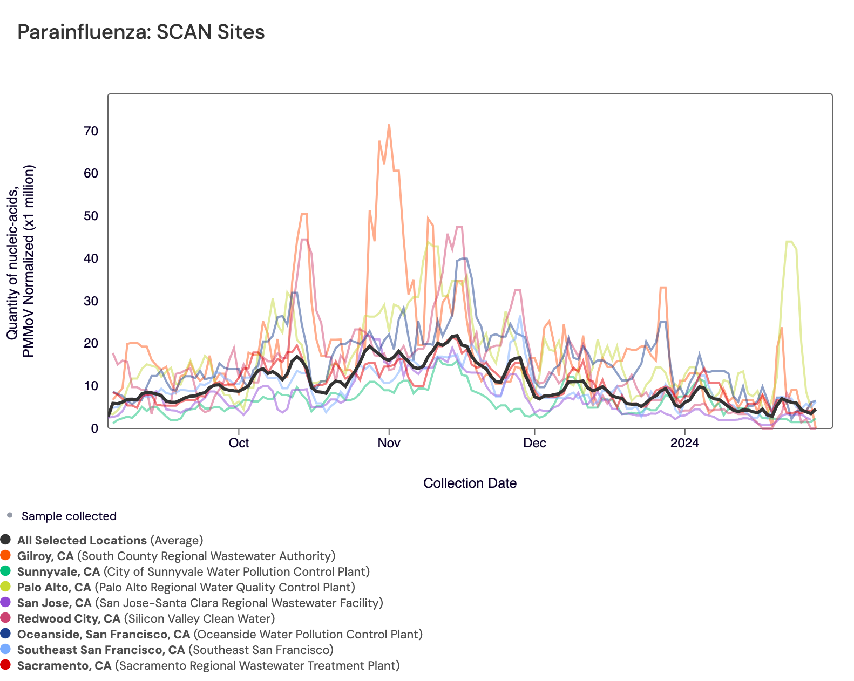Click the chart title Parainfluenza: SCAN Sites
pos(141,32)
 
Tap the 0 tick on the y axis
pos(94,428)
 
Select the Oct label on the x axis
pos(239,444)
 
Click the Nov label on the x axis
pos(389,444)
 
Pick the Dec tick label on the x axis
pos(534,444)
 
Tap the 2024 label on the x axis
pos(684,444)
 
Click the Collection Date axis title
pos(470,483)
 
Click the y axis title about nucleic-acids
pos(21,261)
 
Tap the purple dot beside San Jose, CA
pos(6,602)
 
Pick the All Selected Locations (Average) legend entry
pos(110,540)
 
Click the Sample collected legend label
pos(69,516)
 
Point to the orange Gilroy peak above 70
pos(389,125)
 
